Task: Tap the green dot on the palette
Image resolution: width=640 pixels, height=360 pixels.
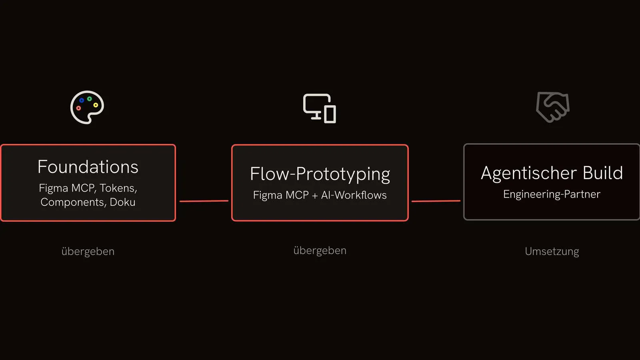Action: [90, 99]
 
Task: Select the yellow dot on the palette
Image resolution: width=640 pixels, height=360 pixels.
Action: [96, 105]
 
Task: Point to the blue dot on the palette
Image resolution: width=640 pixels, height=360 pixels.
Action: [82, 100]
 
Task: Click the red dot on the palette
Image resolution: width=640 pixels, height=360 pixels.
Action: [78, 108]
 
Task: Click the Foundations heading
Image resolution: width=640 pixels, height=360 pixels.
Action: [88, 167]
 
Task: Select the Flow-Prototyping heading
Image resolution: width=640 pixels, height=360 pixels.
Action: [320, 174]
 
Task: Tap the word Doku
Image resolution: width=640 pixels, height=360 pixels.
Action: [122, 202]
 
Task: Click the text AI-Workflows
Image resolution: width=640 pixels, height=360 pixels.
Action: [354, 195]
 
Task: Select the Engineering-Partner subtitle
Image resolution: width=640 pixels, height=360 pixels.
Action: [552, 194]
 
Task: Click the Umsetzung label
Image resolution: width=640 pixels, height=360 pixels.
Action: [552, 252]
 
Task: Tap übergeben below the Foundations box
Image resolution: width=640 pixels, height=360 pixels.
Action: [88, 252]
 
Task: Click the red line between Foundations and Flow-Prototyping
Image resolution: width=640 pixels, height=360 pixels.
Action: [204, 201]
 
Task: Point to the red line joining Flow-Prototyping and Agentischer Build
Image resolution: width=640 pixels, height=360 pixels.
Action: [436, 201]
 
